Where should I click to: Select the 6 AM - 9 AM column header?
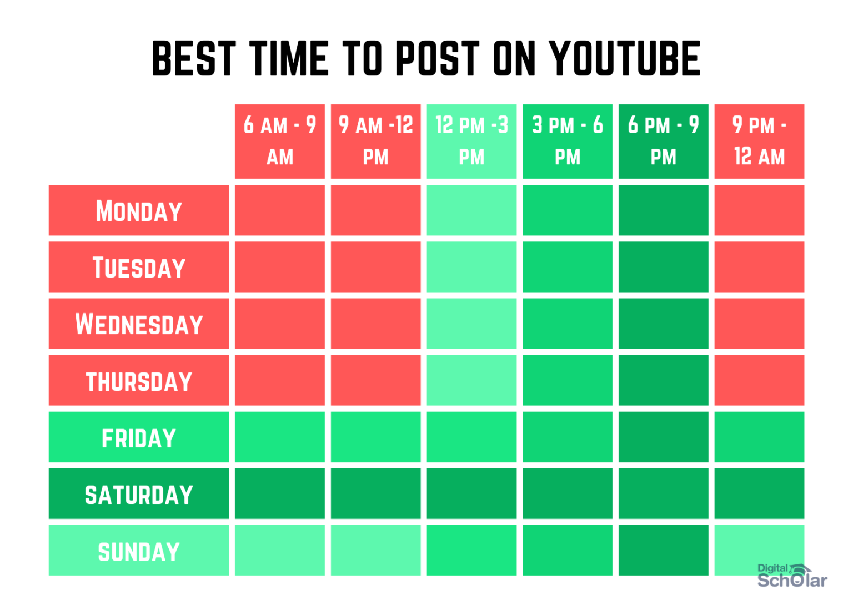coord(280,141)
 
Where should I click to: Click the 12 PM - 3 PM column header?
coord(471,141)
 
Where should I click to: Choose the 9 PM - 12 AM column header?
coord(759,141)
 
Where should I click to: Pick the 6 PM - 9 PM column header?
coord(663,141)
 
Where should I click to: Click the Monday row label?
coord(139,210)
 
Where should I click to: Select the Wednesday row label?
coord(139,324)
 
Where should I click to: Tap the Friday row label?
coord(139,437)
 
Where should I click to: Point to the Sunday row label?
coord(139,551)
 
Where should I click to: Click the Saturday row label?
coord(139,494)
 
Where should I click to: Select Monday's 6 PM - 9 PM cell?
coord(663,210)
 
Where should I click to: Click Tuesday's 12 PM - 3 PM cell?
coord(471,267)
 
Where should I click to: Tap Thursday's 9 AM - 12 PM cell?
coord(375,381)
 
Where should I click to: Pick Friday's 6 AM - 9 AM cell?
coord(280,437)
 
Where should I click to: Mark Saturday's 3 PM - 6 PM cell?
coord(567,494)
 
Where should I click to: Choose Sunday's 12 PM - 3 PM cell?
coord(471,551)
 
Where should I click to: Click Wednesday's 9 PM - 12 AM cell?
coord(759,324)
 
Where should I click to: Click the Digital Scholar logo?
coord(791,576)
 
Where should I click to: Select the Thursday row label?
coord(139,381)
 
